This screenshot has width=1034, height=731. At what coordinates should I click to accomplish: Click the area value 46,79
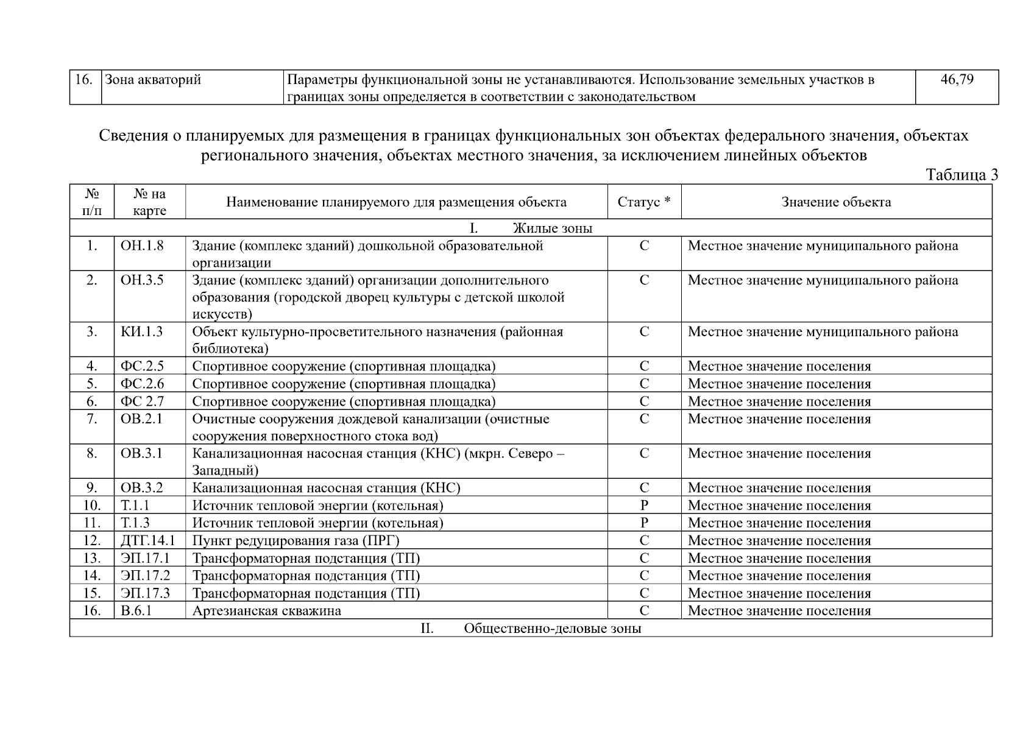957,80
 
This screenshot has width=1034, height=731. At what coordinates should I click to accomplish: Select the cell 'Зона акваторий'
153,80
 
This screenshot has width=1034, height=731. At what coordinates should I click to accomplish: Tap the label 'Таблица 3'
961,175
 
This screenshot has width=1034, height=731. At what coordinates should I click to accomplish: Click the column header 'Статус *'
644,202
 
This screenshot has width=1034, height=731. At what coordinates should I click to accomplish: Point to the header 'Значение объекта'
836,202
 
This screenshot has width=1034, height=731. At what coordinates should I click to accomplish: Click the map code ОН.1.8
142,246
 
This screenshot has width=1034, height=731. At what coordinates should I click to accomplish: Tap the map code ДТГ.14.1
148,541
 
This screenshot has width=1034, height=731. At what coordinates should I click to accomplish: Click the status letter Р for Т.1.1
644,506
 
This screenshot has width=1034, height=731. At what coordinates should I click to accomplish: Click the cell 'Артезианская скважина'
267,611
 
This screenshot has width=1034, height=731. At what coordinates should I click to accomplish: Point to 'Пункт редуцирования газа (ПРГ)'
296,541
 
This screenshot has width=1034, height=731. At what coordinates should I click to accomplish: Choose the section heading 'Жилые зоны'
552,228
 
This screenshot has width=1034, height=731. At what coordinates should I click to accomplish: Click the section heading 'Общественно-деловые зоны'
552,629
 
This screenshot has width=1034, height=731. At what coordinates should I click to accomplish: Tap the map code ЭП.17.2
145,576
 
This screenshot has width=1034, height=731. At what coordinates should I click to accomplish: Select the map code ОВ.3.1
142,454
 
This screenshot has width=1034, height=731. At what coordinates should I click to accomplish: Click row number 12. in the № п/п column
92,541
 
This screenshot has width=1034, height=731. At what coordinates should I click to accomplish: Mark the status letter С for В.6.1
644,611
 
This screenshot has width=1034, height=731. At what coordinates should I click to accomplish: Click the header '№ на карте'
149,202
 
